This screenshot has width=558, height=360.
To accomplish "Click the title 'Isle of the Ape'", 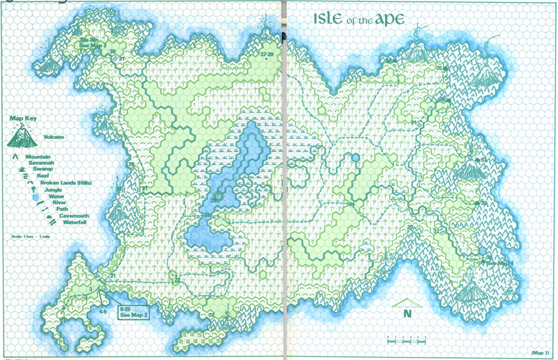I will pyautogui.click(x=358, y=19).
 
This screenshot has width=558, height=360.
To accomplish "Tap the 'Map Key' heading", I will pyautogui.click(x=23, y=119).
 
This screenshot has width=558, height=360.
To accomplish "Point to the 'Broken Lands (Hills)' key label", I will pyautogui.click(x=66, y=183).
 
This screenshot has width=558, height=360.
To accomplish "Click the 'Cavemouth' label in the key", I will pyautogui.click(x=74, y=216).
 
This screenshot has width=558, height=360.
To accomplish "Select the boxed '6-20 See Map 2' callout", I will pyautogui.click(x=133, y=312).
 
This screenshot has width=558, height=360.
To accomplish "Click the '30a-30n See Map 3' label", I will pyautogui.click(x=93, y=42).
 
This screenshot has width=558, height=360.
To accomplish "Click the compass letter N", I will pyautogui.click(x=407, y=313).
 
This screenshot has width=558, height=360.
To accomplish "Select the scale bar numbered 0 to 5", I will pyautogui.click(x=406, y=340).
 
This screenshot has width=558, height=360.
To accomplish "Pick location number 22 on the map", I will pyautogui.click(x=178, y=280).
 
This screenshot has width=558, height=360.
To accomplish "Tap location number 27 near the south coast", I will pyautogui.click(x=211, y=315).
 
